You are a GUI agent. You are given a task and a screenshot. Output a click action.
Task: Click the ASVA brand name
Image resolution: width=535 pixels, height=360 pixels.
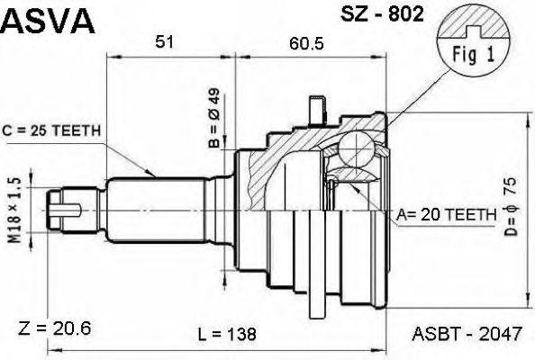coord(47,21)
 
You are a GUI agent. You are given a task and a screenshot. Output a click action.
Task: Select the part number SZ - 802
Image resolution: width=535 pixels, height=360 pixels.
coord(382,14)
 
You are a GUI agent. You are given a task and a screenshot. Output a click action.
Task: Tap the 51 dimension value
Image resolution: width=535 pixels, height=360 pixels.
coord(165,42)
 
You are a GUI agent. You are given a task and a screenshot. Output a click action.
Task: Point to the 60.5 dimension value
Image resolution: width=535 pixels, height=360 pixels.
coord(306,43)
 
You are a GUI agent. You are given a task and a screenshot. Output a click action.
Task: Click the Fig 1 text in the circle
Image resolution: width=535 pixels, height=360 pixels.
coord(473,54)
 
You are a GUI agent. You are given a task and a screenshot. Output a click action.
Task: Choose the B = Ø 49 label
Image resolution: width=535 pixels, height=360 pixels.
coord(214,118)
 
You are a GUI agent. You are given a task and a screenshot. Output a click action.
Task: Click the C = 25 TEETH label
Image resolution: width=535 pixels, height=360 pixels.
coord(51,130)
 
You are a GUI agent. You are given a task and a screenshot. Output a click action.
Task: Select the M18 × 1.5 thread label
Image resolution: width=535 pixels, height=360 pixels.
coord(14,210)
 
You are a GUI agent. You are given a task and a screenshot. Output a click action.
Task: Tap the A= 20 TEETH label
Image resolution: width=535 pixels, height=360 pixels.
coord(447,215)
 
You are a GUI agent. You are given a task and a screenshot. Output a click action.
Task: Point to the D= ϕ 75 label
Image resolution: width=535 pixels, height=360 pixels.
coord(511,207)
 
